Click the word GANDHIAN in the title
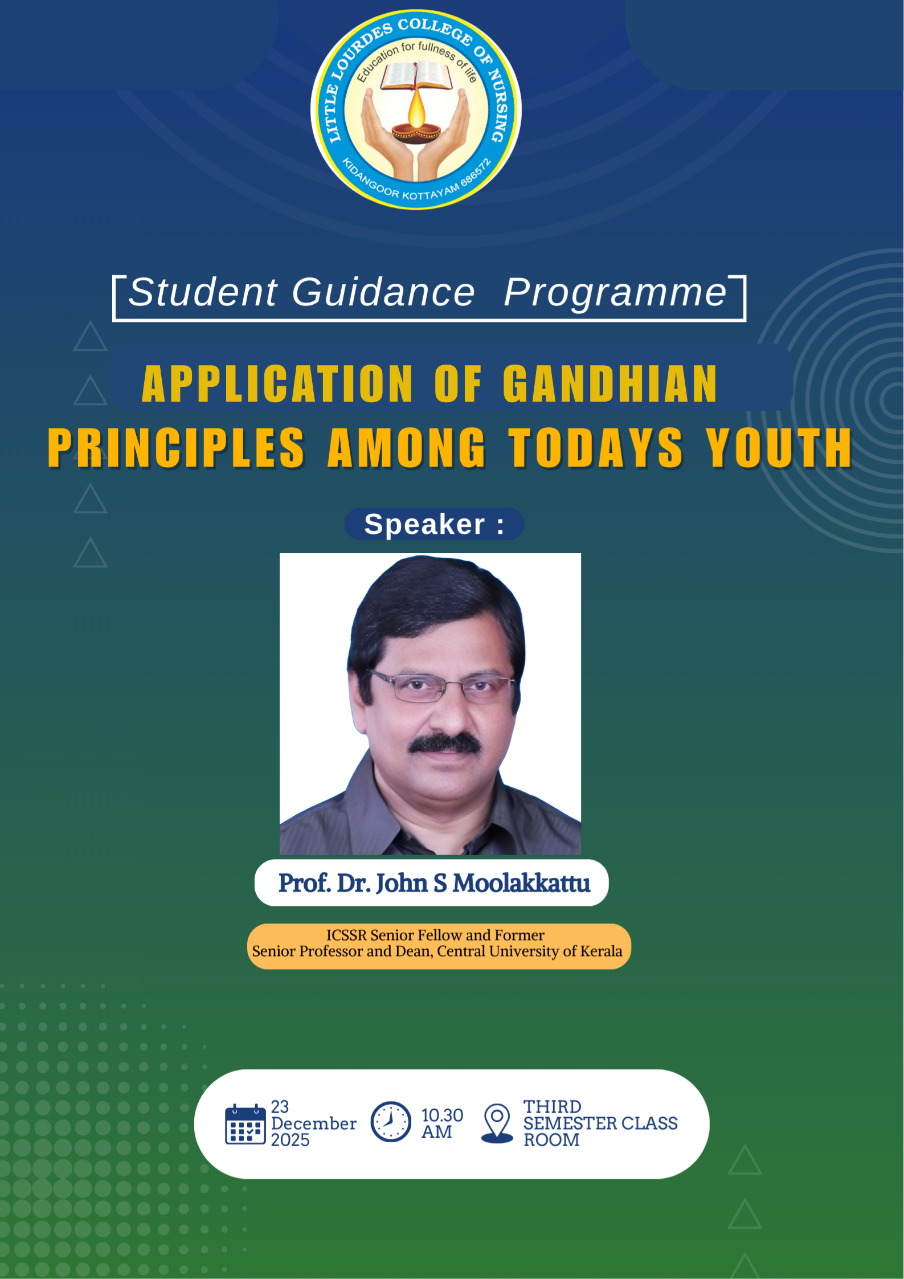tap(610, 384)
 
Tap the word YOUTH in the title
tap(779, 448)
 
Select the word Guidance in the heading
tap(383, 292)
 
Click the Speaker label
tap(434, 524)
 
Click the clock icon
tap(391, 1121)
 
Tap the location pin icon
tap(497, 1123)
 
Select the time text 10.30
tap(442, 1115)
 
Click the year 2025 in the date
tap(290, 1140)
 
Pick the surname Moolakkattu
tap(521, 883)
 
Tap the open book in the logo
tap(416, 75)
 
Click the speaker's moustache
tap(445, 743)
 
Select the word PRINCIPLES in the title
tap(176, 448)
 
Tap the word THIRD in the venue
tap(552, 1106)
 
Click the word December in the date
tap(314, 1123)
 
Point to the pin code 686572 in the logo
tap(476, 173)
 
